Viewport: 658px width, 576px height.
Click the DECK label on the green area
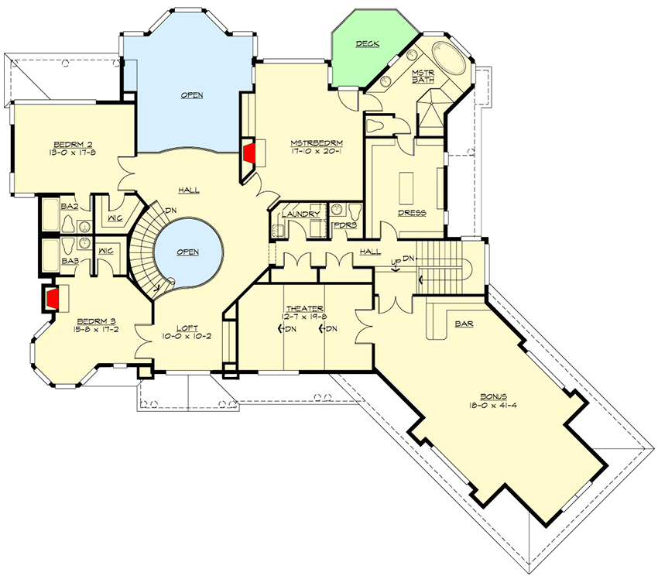367,44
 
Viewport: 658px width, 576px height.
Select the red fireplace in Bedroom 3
52,299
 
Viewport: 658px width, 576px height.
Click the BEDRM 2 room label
70,144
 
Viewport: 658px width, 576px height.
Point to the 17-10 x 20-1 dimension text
316,153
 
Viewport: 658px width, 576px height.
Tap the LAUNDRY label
301,214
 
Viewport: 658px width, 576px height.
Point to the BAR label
464,324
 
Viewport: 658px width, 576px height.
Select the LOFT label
185,327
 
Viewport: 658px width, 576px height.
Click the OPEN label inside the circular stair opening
188,252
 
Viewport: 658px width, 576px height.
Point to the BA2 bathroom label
69,207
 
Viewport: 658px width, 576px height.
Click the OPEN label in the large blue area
191,95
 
